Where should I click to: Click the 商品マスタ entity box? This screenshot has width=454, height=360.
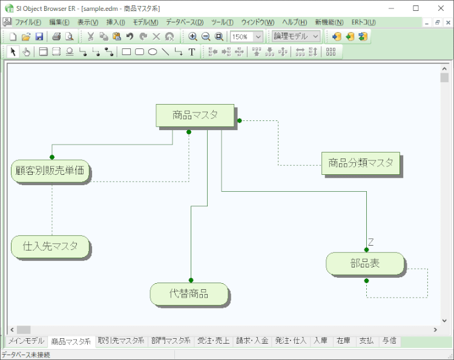[x=195, y=115]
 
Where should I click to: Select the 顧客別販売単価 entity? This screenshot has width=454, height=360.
[x=50, y=171]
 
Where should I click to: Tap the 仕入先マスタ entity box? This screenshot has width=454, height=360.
[x=50, y=246]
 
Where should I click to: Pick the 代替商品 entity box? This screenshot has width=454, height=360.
[x=189, y=293]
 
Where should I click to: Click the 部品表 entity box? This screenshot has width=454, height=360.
[x=365, y=264]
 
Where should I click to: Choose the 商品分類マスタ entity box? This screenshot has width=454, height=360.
[x=360, y=163]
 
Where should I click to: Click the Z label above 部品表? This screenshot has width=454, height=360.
[x=371, y=242]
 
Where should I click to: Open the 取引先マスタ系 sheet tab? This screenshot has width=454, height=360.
[x=120, y=341]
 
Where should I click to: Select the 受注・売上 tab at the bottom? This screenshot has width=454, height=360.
[x=213, y=341]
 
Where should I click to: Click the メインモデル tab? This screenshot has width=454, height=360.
[x=25, y=341]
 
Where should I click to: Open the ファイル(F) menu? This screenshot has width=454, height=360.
[x=28, y=22]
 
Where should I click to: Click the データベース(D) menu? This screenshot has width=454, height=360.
[x=184, y=22]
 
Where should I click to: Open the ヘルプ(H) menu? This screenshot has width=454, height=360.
[x=295, y=22]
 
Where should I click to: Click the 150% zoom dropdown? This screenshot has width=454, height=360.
[x=246, y=36]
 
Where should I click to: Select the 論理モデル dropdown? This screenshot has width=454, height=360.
[x=296, y=36]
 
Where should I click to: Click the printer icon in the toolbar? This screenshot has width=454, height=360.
[x=56, y=36]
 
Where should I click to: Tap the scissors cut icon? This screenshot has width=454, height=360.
[x=91, y=36]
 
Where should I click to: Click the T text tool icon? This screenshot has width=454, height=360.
[x=192, y=52]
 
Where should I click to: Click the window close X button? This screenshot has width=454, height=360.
[x=441, y=8]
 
